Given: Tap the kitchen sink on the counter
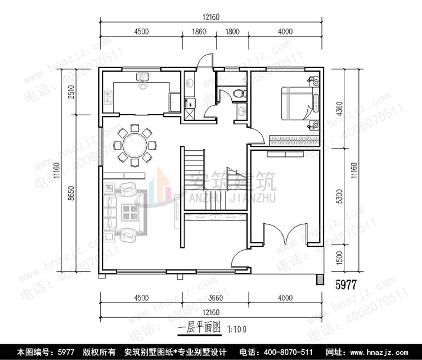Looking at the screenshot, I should [143, 78].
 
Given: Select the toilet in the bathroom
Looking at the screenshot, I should [239, 93].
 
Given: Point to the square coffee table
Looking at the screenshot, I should [131, 211].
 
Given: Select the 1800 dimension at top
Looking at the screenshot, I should [232, 31].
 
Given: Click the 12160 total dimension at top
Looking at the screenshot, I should [212, 17].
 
